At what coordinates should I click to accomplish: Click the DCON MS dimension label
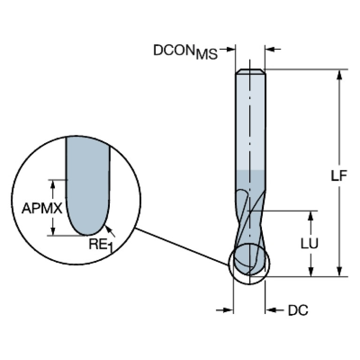click(185, 51)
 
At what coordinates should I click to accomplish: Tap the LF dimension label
click(338, 176)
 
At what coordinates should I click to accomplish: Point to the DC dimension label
click(298, 310)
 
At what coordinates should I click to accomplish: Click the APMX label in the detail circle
click(42, 208)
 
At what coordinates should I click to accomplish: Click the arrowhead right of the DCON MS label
click(230, 48)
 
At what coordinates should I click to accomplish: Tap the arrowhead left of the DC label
click(229, 310)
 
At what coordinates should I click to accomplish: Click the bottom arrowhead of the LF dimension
click(338, 272)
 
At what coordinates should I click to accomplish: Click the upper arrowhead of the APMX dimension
click(53, 184)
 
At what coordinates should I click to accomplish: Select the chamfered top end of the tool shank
click(250, 72)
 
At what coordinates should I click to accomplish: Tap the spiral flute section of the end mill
click(249, 221)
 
